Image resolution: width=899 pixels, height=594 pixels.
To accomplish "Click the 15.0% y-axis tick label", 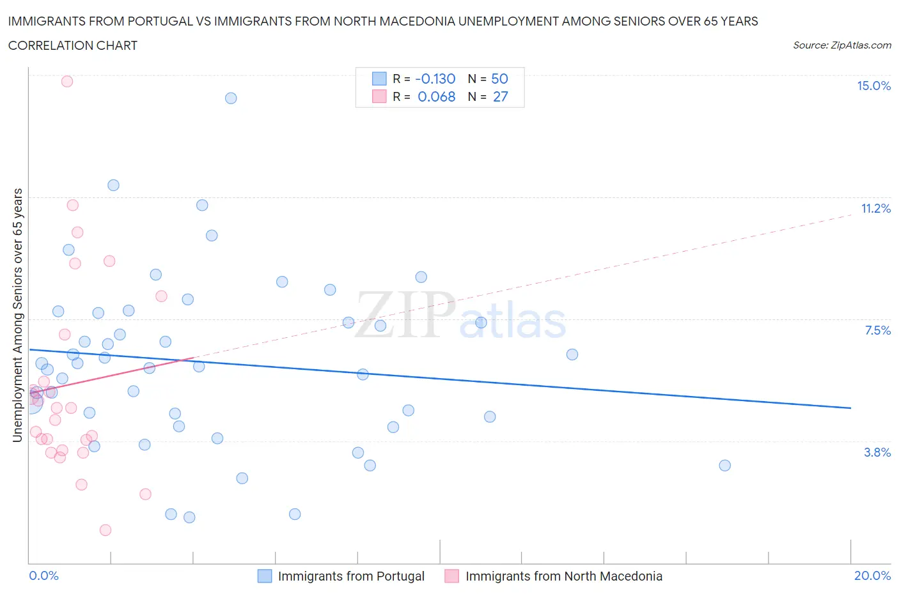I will [873, 86].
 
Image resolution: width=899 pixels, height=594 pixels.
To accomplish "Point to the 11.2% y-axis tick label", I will [875, 208].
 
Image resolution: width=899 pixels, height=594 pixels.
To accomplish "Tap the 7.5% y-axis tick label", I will [877, 330].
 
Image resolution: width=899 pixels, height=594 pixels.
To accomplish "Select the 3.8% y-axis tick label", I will [877, 452].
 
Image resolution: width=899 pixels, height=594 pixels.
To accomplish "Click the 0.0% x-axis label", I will [43, 575].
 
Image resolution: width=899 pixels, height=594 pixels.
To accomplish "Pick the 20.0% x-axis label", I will [872, 575].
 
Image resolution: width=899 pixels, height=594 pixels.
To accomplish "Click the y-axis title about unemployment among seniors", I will [18, 316].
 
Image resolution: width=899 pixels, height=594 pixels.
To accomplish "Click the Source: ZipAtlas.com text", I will [841, 45].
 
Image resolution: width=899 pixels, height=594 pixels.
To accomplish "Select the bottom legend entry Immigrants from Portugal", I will [350, 576].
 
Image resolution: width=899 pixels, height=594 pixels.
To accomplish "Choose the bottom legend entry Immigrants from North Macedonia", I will [563, 576].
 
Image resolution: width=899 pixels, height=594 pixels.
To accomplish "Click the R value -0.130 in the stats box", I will [435, 79].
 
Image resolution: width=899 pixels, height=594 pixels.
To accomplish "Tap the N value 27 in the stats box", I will [500, 96].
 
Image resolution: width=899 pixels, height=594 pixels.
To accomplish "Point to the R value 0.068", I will [436, 96].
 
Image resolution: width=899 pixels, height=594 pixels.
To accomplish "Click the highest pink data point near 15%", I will [67, 81].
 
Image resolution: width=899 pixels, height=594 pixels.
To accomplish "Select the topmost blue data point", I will [231, 98].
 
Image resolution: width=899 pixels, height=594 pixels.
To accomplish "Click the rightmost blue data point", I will [724, 465].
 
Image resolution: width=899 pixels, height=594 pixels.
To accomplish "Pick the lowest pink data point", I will [106, 530].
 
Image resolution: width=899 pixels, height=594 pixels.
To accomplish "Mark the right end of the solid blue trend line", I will [850, 407].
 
